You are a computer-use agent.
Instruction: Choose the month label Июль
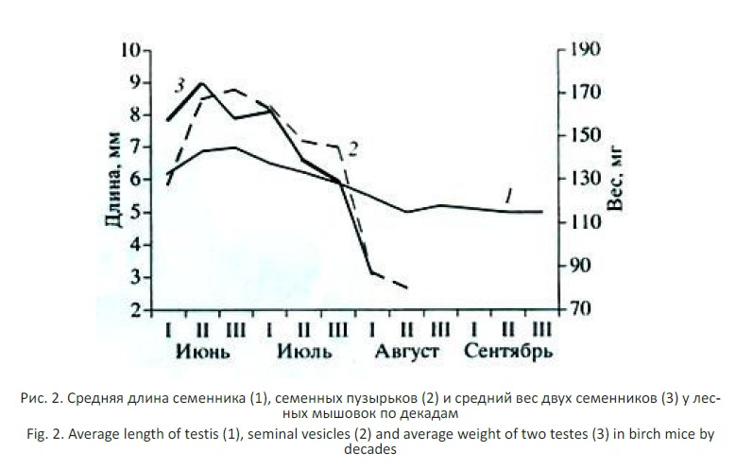tap(304, 353)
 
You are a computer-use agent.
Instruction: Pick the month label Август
tap(407, 353)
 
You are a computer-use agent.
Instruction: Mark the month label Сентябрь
tap(507, 353)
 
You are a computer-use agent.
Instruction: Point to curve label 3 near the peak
tap(179, 88)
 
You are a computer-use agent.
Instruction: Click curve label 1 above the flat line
tap(508, 196)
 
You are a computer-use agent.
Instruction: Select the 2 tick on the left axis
tap(137, 309)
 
